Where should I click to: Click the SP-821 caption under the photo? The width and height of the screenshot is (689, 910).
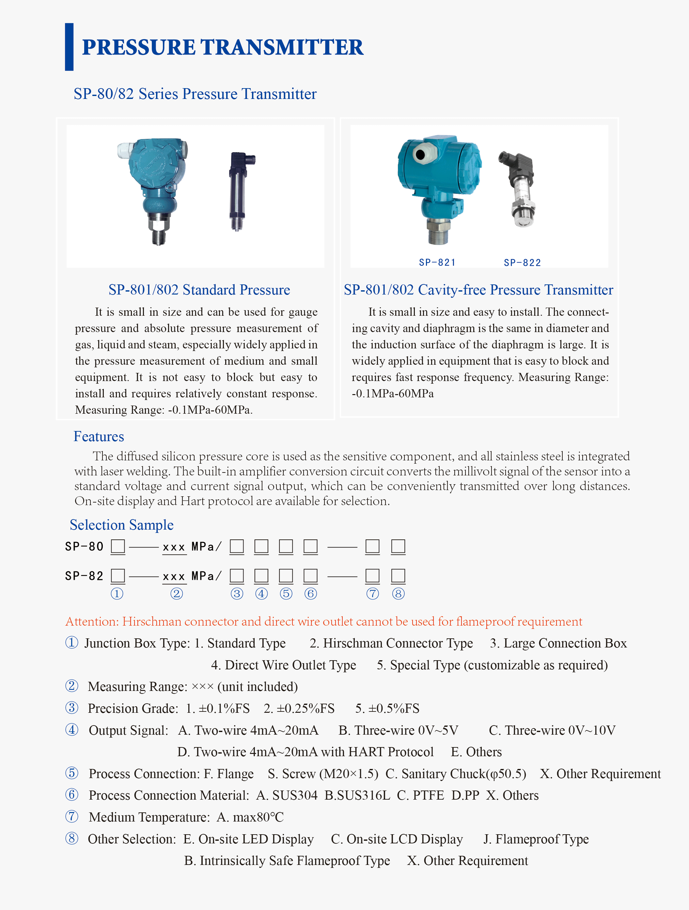coord(437,263)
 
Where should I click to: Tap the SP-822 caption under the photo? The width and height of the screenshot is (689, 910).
coord(522,263)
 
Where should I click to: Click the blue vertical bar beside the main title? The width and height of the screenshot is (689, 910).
coord(69,47)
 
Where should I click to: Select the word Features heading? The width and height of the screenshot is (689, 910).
coord(99,437)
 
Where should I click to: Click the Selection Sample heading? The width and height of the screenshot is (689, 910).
coord(121,525)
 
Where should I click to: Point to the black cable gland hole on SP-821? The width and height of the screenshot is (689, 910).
coord(420,155)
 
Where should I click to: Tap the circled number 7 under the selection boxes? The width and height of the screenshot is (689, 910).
coord(373,594)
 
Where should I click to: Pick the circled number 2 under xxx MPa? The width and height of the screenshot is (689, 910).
coord(177,594)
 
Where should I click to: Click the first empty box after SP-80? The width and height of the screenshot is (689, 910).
coord(117,546)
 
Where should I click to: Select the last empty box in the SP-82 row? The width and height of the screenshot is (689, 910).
coord(398,576)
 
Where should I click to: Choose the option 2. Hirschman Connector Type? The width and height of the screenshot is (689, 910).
coord(391,643)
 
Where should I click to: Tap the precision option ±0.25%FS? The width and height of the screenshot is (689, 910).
coord(299,709)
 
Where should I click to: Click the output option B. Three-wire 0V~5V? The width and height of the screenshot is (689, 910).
coord(398,730)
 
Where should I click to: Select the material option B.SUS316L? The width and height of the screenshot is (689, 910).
coord(357,795)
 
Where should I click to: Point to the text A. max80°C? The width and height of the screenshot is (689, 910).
coord(250,817)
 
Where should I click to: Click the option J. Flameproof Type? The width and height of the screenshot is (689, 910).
coord(536,839)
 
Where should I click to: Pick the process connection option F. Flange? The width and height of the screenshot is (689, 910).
coord(229,774)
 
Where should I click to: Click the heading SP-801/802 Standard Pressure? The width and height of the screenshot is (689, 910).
coord(199,290)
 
